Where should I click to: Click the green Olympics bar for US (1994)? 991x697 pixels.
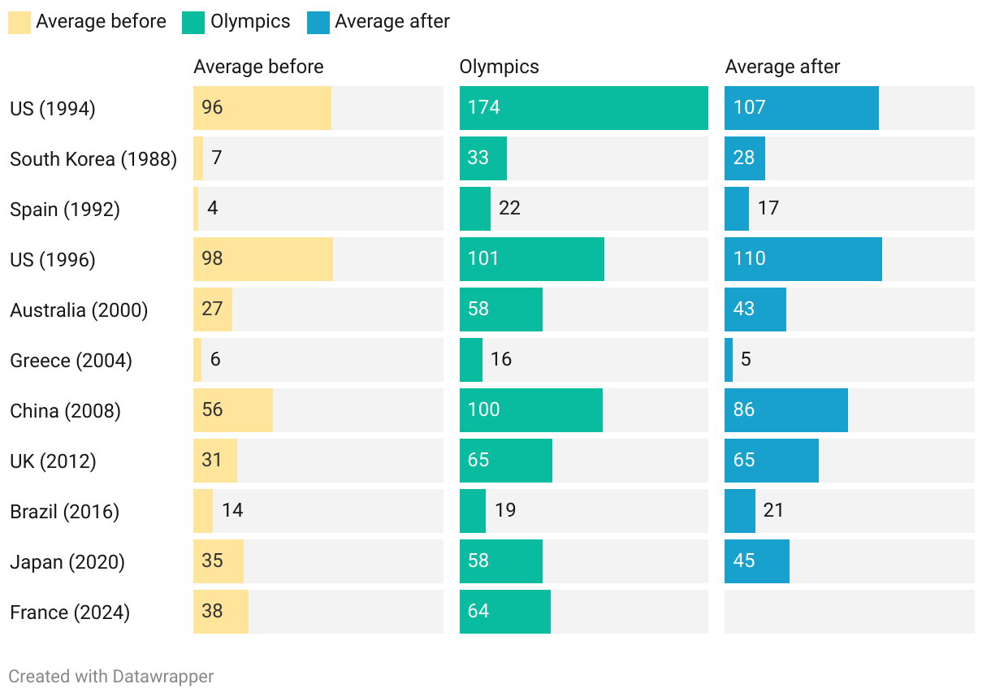click(583, 108)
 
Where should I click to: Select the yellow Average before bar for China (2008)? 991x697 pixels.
click(233, 410)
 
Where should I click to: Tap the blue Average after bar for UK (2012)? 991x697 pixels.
click(772, 461)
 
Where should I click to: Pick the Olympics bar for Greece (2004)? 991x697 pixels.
click(471, 360)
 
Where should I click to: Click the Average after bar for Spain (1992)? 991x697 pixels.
click(737, 209)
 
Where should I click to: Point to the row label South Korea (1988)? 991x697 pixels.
click(93, 159)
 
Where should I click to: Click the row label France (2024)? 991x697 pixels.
click(70, 613)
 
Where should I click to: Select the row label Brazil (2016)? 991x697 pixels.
click(65, 512)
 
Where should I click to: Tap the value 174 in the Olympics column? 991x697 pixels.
click(484, 107)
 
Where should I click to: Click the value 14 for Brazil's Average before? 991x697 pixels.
click(232, 510)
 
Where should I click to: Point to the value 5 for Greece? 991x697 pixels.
click(746, 359)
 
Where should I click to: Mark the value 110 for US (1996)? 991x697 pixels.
click(749, 258)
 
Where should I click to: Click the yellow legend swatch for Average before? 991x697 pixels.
click(19, 22)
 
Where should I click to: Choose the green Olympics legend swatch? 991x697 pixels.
click(193, 22)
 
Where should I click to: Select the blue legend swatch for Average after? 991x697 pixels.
click(318, 22)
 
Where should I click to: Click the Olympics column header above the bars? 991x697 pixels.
click(499, 67)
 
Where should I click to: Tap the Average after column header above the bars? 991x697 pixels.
click(782, 67)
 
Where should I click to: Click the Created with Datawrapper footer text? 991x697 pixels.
click(111, 676)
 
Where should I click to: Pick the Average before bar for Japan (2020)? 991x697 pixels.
click(219, 561)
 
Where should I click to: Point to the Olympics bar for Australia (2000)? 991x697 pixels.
click(501, 310)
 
